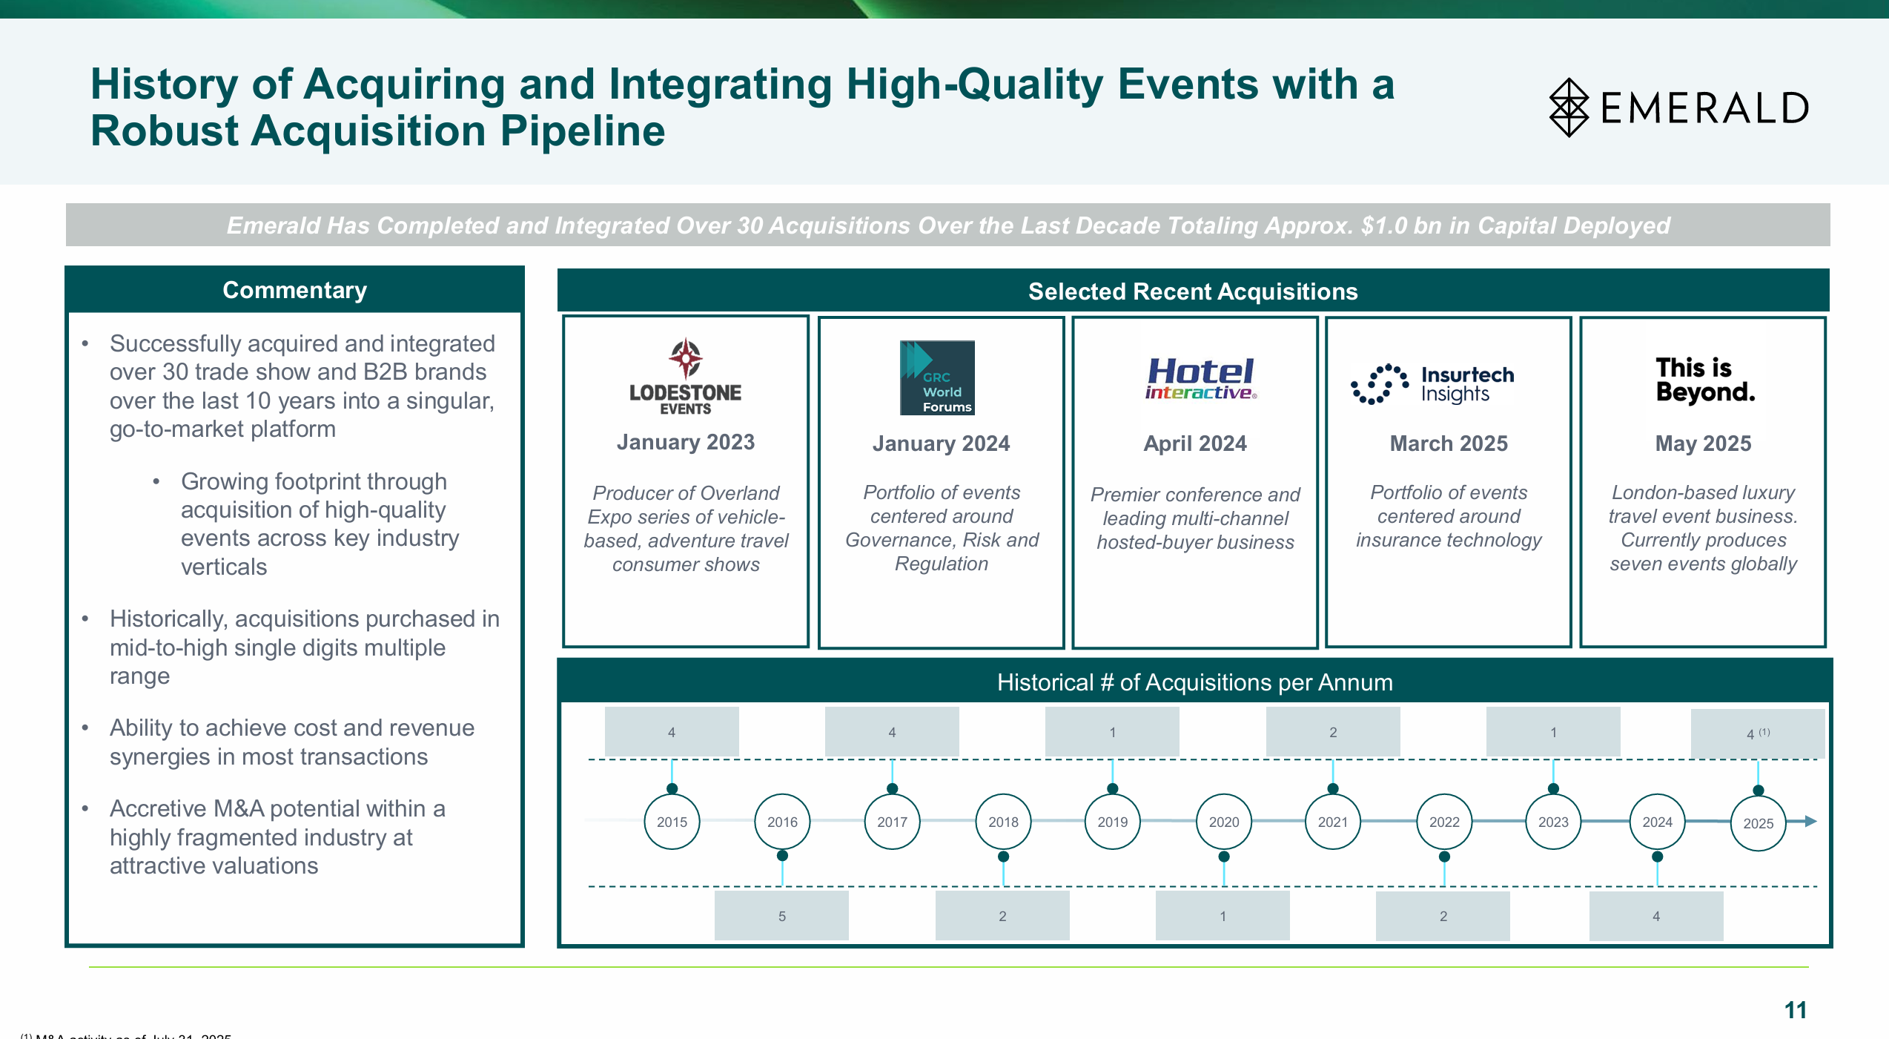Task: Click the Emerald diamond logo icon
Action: (1569, 108)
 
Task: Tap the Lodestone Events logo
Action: (686, 377)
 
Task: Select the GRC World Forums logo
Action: (937, 377)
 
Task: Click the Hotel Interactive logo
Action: (1200, 379)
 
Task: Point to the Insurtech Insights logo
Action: (1432, 384)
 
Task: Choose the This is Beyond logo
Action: (1705, 380)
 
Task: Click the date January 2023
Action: (686, 442)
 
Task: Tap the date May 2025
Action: (1703, 443)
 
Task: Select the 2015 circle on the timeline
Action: (672, 822)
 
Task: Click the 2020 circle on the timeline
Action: (1223, 822)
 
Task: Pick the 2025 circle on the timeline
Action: (1758, 823)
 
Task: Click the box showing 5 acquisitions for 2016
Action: (781, 916)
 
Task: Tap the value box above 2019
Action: (1112, 732)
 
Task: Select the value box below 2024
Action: (1655, 916)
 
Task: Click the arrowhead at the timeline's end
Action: (1810, 821)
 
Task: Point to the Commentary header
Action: (294, 290)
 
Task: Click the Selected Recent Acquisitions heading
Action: (1193, 291)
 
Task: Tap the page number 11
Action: (1795, 1010)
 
